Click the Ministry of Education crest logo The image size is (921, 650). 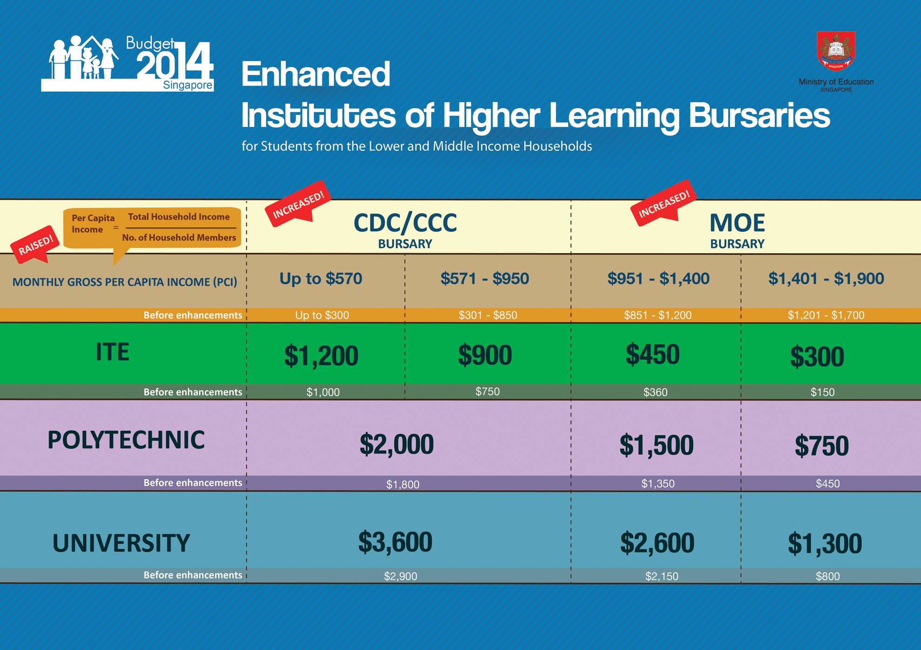pos(836,51)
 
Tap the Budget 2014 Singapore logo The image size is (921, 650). pos(127,63)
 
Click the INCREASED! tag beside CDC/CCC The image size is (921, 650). pos(298,204)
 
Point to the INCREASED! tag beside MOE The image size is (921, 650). pos(664,203)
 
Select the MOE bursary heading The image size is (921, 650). pos(737,230)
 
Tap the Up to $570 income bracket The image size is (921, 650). pos(321,278)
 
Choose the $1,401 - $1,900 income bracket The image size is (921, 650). pos(826,278)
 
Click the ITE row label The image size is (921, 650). pos(112,352)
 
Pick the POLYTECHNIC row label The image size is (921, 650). pos(126,440)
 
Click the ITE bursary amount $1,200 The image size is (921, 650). pos(321,356)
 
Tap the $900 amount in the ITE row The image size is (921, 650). pos(485,355)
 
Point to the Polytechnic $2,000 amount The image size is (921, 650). pos(397,444)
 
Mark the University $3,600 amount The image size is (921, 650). pos(395,542)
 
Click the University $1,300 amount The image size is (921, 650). pos(825,543)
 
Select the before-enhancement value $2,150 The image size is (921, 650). pos(662,576)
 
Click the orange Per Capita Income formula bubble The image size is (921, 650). pos(152,228)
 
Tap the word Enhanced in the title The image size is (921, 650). pos(316,74)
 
